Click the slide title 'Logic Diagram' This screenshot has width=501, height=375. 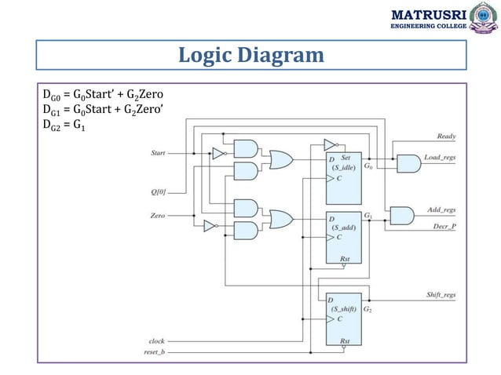(251, 56)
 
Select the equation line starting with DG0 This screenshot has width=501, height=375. (102, 94)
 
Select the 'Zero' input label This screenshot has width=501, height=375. (158, 214)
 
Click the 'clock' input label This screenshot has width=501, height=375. (156, 341)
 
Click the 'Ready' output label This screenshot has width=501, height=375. (447, 137)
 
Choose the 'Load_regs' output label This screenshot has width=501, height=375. (441, 158)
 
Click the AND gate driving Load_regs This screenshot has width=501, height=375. (408, 163)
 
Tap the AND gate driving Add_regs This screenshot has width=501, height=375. (401, 214)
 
